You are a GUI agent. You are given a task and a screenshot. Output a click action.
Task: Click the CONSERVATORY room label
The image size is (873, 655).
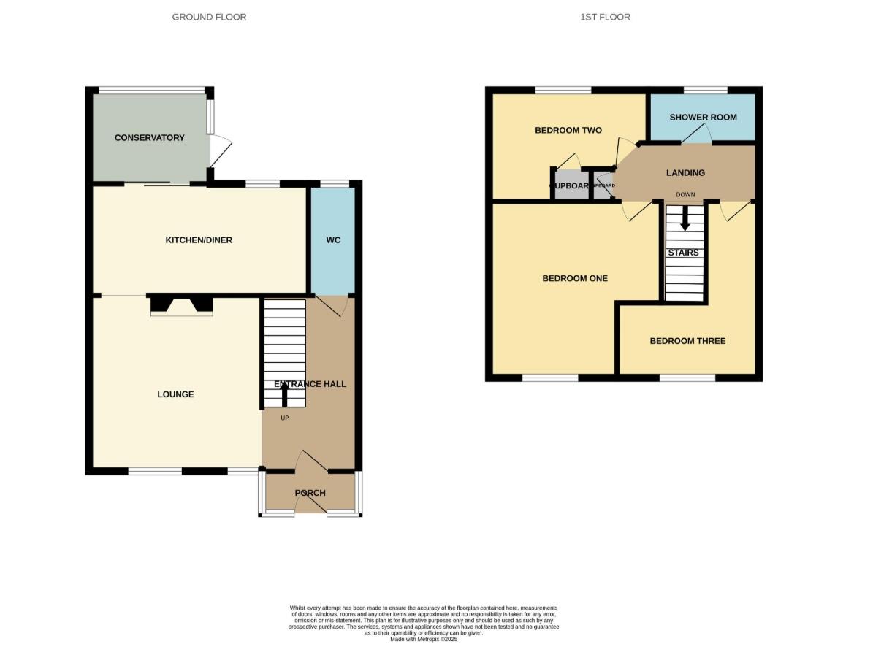149,137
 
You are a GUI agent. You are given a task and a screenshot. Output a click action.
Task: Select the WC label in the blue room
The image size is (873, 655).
333,240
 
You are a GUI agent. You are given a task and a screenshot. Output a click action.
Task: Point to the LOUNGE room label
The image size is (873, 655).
175,394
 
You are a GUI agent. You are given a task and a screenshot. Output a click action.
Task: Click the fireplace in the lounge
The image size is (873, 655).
181,305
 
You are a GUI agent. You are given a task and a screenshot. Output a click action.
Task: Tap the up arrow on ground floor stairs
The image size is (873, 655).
284,395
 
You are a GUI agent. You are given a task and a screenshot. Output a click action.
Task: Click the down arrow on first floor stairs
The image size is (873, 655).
685,219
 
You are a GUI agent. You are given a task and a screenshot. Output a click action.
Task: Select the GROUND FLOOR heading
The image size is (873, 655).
209,17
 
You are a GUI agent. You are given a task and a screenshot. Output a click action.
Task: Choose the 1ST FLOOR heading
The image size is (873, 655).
605,17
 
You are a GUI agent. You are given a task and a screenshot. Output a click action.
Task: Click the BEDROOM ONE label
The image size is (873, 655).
574,278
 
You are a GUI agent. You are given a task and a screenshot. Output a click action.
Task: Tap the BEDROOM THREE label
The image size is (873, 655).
687,340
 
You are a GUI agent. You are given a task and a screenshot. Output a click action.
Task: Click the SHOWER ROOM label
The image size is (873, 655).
703,117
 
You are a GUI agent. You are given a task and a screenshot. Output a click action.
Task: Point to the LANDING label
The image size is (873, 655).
685,173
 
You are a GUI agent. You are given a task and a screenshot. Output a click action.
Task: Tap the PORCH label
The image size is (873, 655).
310,492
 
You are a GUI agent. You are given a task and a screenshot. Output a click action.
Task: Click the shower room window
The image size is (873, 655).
705,91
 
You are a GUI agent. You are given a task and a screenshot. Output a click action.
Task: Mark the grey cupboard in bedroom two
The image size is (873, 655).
570,185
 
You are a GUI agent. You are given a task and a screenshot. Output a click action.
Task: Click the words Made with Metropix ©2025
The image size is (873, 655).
423,639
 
